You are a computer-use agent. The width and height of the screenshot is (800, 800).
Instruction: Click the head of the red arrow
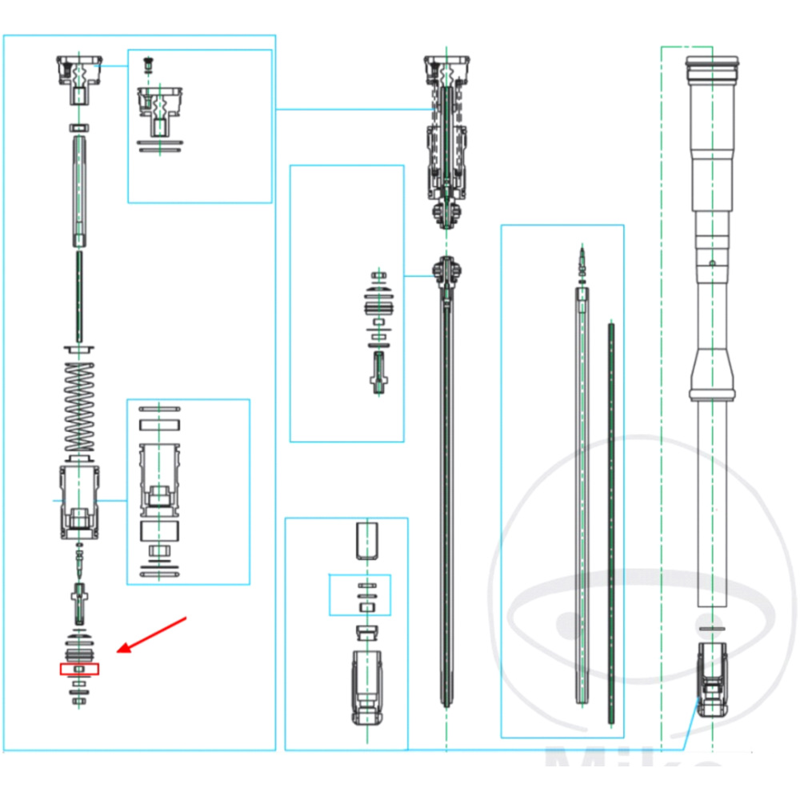point(120,650)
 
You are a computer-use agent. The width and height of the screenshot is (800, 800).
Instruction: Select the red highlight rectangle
point(78,668)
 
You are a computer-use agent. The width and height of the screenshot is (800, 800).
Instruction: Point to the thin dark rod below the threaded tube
point(79,296)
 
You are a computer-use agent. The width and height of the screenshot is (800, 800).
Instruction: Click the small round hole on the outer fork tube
point(711,262)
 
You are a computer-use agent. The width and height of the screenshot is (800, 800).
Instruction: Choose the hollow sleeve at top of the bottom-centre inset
point(366,540)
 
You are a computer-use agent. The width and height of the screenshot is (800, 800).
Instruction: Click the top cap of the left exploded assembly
point(80,76)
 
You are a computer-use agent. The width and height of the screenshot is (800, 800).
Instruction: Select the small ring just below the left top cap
point(80,127)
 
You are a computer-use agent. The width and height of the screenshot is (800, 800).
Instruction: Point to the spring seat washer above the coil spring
point(80,350)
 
